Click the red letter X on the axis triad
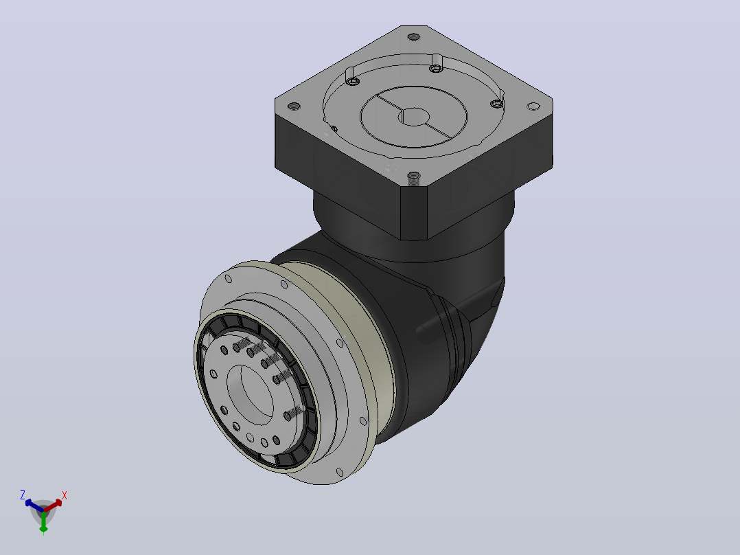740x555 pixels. point(65,495)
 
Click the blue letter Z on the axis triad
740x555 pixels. point(22,495)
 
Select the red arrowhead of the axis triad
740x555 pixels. point(58,503)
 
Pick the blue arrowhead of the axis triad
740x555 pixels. point(28,503)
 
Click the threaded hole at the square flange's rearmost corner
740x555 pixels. point(413,36)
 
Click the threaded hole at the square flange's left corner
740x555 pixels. point(294,106)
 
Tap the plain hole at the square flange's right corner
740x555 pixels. point(533,106)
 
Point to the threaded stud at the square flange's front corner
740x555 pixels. point(413,179)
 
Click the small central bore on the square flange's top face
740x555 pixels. point(414,117)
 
